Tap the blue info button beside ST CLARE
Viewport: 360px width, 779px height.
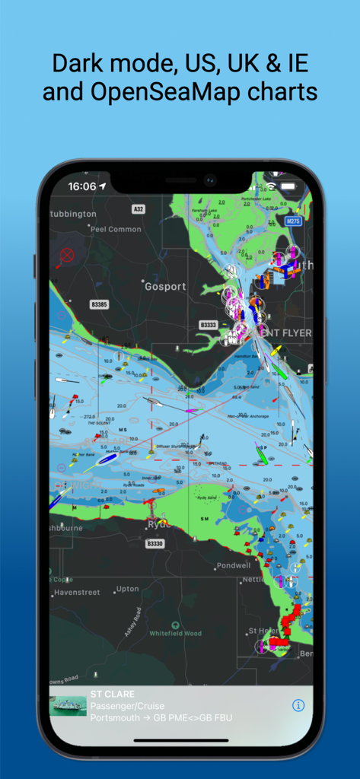pyautogui.click(x=298, y=705)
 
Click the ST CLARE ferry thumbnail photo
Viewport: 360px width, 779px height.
pyautogui.click(x=68, y=705)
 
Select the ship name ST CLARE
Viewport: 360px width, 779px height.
pyautogui.click(x=113, y=694)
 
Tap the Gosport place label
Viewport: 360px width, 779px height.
pyautogui.click(x=165, y=287)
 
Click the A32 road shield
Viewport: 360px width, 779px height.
pyautogui.click(x=138, y=208)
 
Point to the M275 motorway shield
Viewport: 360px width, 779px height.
pyautogui.click(x=293, y=221)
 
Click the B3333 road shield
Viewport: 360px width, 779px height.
pyautogui.click(x=209, y=325)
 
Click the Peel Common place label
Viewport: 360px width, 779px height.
pyautogui.click(x=115, y=229)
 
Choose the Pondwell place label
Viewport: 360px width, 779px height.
pyautogui.click(x=233, y=566)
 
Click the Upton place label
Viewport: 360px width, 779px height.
pyautogui.click(x=128, y=589)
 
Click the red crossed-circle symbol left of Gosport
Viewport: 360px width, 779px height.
pyautogui.click(x=67, y=256)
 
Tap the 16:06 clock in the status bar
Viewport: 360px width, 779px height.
pyautogui.click(x=81, y=186)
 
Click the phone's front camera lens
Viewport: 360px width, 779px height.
pyautogui.click(x=209, y=181)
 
